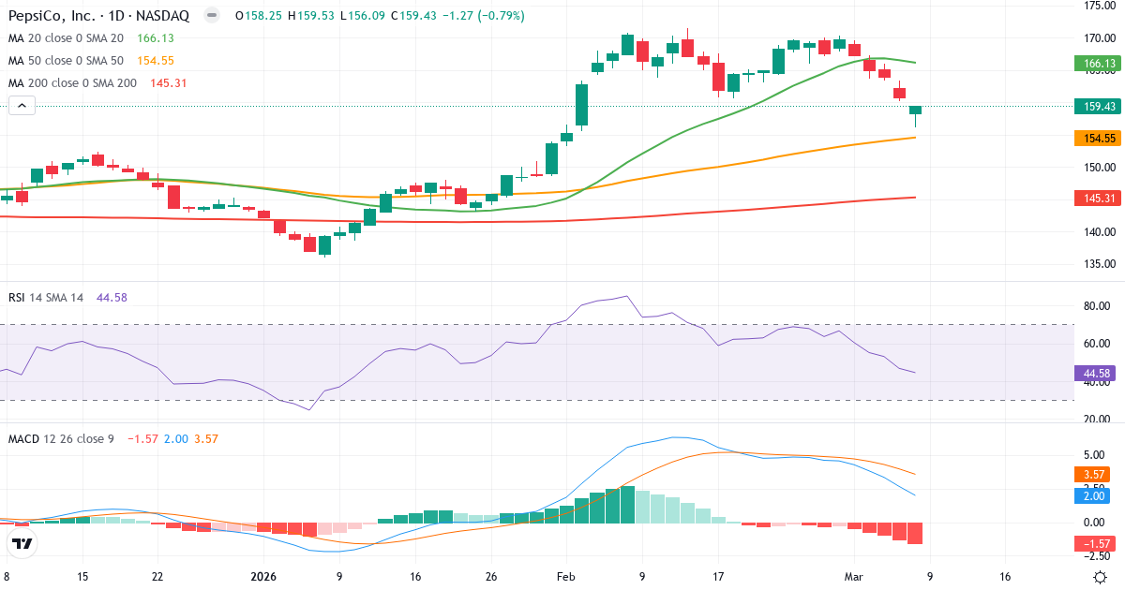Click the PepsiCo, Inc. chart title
pyautogui.click(x=99, y=16)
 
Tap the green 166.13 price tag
pyautogui.click(x=1098, y=64)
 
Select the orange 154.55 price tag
pyautogui.click(x=1098, y=138)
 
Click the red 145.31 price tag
pyautogui.click(x=1098, y=199)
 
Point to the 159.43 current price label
pyautogui.click(x=1098, y=107)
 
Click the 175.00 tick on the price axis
pyautogui.click(x=1098, y=6)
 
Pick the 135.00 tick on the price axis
pyautogui.click(x=1098, y=264)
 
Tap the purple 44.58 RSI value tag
pyautogui.click(x=1098, y=374)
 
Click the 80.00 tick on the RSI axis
pyautogui.click(x=1098, y=306)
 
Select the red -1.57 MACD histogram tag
pyautogui.click(x=1098, y=544)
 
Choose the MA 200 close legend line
pyautogui.click(x=73, y=82)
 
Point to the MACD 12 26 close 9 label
pyautogui.click(x=61, y=438)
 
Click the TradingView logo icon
pyautogui.click(x=22, y=543)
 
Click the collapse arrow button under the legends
pyautogui.click(x=22, y=106)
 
